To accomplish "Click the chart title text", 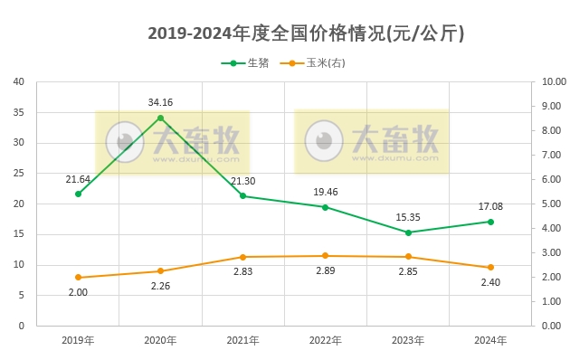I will pos(306,33).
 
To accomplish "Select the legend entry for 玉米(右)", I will pos(313,63).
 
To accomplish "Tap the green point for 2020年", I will pos(161,118).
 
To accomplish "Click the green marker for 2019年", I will pos(79,194).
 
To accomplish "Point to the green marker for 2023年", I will pos(408,232).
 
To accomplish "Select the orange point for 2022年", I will pos(326,256).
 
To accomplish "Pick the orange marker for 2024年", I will pos(490,268).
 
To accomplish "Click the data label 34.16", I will pos(161,102).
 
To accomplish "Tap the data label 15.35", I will pos(408,217).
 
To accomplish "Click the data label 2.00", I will pos(79,292).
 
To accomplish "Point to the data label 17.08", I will pos(490,206).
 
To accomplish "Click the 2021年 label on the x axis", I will pos(243,340).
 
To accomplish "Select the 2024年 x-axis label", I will pos(490,340).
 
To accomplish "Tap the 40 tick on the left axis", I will pos(19,81).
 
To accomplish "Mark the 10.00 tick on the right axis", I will pos(552,81).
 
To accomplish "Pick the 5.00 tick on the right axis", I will pos(552,204).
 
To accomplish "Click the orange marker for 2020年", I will pos(161,271).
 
